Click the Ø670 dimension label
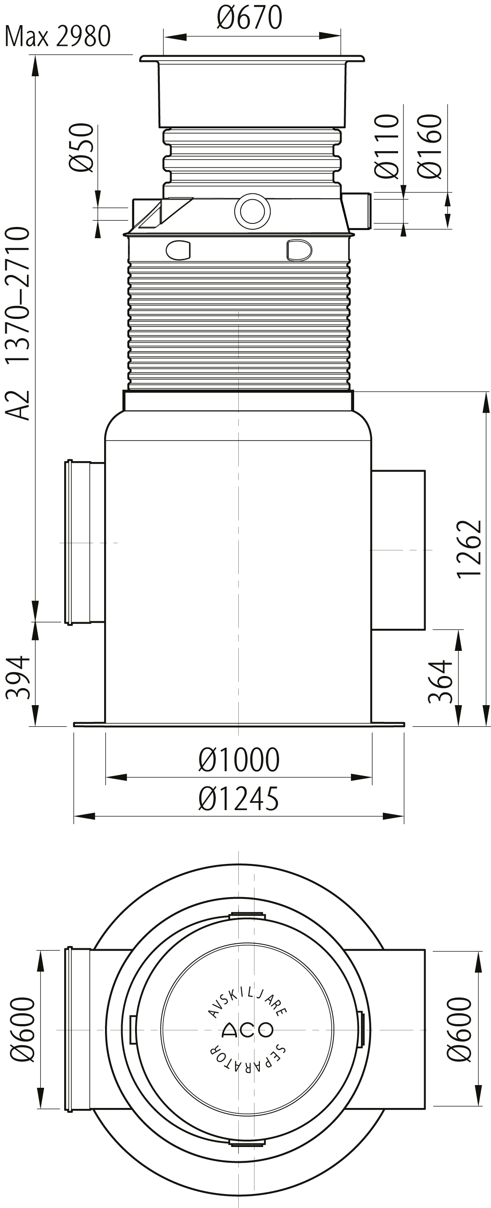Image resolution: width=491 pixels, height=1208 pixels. point(249,18)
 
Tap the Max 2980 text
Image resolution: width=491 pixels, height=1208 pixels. point(57,37)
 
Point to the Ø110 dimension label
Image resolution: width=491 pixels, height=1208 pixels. point(387,146)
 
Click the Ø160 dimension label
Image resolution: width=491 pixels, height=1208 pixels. point(430,146)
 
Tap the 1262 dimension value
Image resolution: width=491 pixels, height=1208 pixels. point(470,549)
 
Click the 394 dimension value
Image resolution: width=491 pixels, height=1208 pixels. point(18,678)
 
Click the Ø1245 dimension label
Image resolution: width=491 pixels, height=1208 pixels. point(238,798)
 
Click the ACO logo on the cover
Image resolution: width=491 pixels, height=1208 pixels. point(247,1030)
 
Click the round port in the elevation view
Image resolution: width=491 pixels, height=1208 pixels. point(252,210)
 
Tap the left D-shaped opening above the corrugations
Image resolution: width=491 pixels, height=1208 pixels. point(178,249)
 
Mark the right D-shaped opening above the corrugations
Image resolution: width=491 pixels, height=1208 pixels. point(299,249)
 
